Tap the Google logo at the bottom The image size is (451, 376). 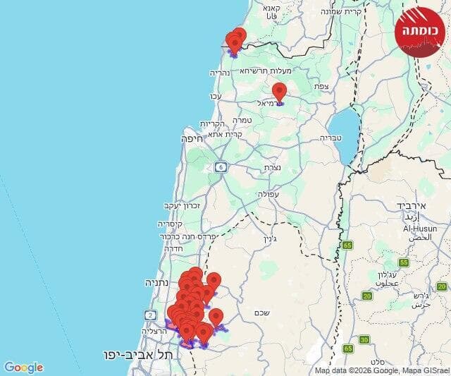23,368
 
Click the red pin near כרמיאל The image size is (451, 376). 280,92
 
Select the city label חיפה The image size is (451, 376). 192,139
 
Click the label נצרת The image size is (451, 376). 273,168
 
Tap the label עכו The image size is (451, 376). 216,96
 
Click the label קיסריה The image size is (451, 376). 171,224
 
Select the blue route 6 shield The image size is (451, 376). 222,166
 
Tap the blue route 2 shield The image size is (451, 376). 150,315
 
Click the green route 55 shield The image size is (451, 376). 404,262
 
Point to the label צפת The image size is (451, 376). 321,86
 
